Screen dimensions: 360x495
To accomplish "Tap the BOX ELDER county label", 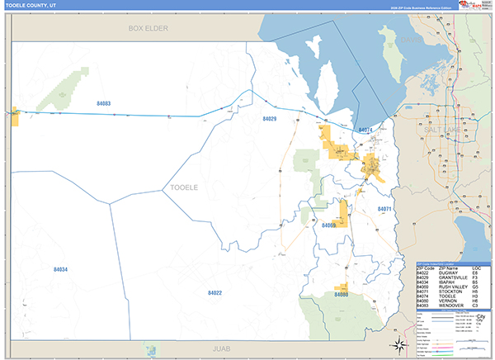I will [x=148, y=28].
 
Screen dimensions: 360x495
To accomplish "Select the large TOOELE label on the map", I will [x=183, y=187].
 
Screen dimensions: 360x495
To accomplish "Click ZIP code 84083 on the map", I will [x=103, y=103].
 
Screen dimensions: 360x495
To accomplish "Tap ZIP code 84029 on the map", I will [x=269, y=119].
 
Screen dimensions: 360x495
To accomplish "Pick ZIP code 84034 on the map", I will [x=60, y=269].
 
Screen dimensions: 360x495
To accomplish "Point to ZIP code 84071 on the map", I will [x=384, y=209].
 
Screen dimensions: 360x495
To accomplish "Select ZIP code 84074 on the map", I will [x=365, y=130].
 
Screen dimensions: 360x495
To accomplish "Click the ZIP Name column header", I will [x=450, y=270].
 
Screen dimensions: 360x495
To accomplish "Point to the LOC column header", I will [x=477, y=270].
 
